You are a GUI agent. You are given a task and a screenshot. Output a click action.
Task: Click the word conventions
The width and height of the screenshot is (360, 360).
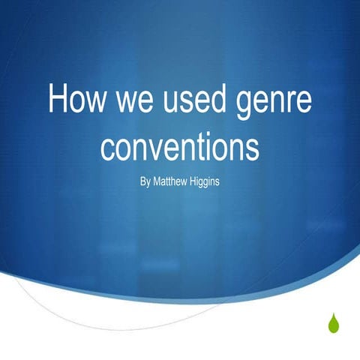180,147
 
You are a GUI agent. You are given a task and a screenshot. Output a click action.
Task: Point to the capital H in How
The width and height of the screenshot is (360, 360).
58,100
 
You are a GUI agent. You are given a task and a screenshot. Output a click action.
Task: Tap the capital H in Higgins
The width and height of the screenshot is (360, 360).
193,181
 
